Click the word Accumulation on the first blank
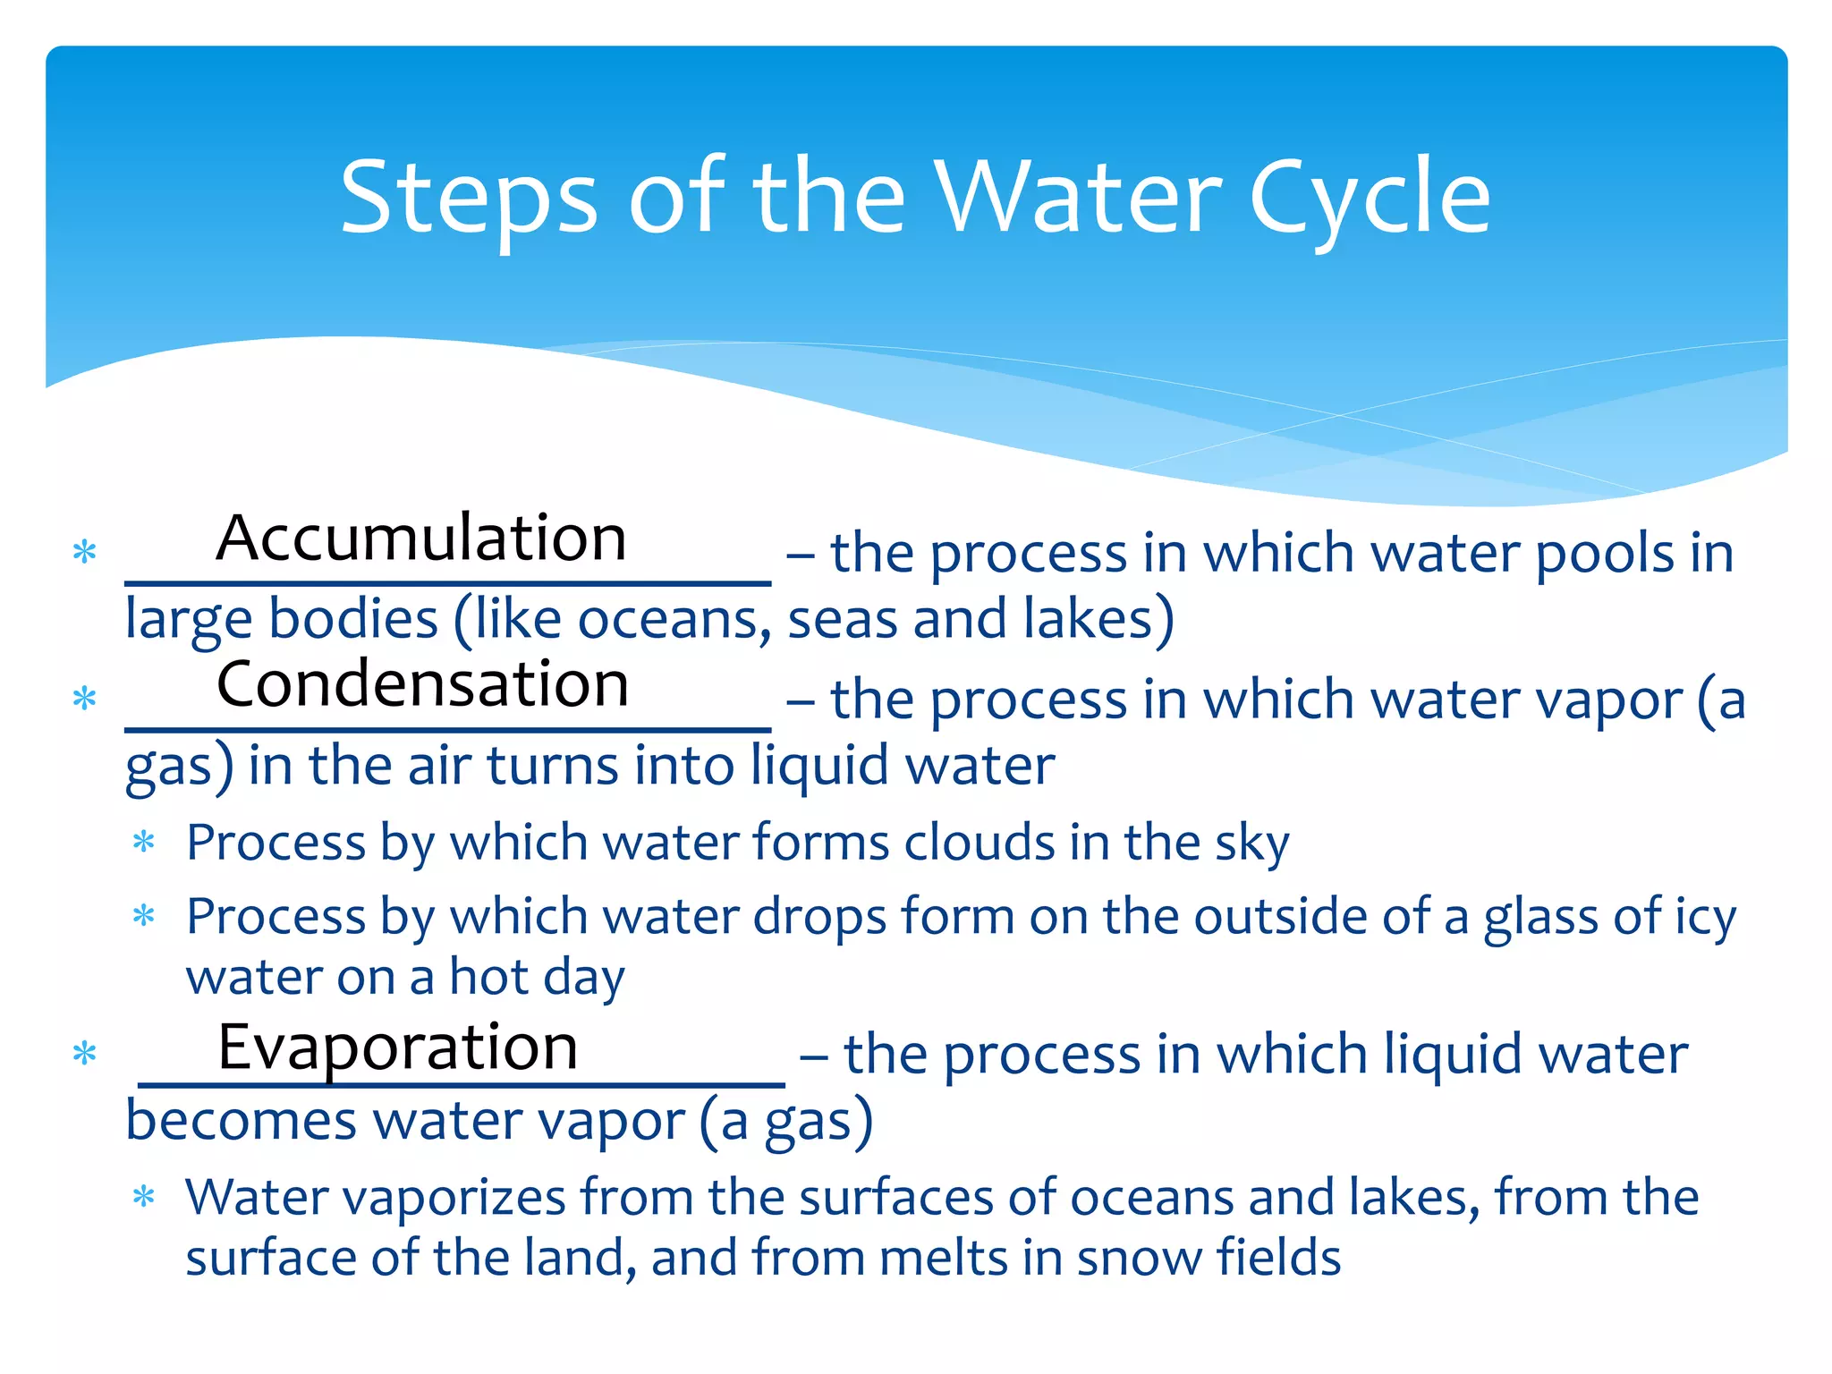[x=421, y=539]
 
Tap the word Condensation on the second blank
[x=422, y=684]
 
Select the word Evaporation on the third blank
[x=398, y=1047]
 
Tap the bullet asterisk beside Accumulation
[x=84, y=552]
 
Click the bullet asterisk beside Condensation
[x=84, y=699]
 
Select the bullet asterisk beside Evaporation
[x=84, y=1054]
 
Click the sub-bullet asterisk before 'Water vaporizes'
[x=143, y=1197]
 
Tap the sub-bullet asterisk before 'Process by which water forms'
[x=143, y=842]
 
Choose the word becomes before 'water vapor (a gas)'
[x=241, y=1121]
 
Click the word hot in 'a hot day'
[x=488, y=977]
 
